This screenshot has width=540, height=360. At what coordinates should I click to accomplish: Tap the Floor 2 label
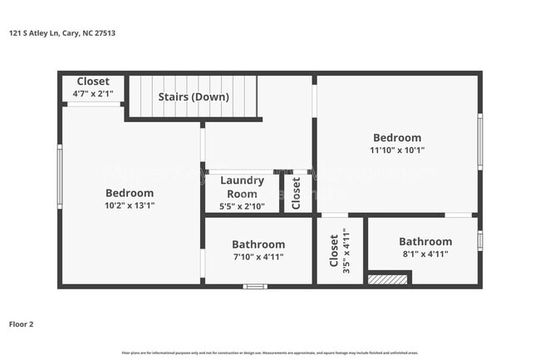pos(22,324)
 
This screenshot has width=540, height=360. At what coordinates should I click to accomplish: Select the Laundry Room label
pos(242,186)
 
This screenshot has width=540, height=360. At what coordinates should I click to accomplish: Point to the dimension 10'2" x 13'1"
pos(129,205)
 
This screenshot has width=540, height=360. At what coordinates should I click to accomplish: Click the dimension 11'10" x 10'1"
pos(396,150)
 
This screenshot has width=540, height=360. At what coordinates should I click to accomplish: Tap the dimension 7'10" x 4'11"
pos(258,257)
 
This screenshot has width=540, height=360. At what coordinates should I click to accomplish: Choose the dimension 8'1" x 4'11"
pos(425,254)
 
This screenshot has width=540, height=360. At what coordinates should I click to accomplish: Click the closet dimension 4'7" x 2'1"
pos(93,94)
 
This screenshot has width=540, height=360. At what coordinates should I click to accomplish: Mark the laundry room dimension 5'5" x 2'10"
pos(242,205)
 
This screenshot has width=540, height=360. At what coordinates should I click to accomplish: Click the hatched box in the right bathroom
pos(388,279)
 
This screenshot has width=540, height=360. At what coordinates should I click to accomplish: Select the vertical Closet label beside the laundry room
pos(296,192)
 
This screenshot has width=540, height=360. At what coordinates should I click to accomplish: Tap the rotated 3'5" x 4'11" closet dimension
pos(346,251)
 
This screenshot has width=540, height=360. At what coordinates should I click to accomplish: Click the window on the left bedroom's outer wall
pos(59,176)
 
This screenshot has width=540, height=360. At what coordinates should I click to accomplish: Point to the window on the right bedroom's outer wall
pos(480,141)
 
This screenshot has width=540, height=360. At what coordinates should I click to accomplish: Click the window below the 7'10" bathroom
pos(255,286)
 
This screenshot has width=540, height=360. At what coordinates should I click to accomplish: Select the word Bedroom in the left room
pos(129,193)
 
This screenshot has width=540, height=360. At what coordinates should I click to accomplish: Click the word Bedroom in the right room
pos(396,138)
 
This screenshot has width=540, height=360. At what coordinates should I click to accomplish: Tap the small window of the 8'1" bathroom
pos(480,240)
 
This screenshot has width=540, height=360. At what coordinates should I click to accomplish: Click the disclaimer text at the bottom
pos(270,353)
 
